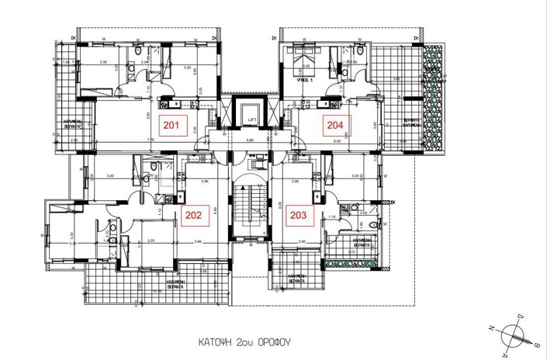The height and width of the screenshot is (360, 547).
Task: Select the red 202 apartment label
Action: tap(193, 216)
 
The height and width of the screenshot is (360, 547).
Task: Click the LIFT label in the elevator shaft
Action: tap(252, 119)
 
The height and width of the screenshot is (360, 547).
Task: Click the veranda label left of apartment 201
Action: tap(73, 124)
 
